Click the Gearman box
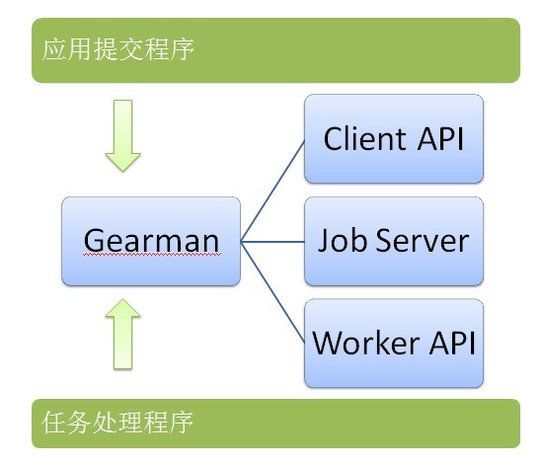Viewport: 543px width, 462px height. tap(151, 241)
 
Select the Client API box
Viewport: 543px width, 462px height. tap(394, 138)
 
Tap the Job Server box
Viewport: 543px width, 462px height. tap(394, 241)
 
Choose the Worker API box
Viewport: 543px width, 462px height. tap(394, 343)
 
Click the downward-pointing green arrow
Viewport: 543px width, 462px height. tap(123, 135)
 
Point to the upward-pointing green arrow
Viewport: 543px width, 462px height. tap(123, 335)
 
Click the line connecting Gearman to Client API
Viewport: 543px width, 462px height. tap(272, 191)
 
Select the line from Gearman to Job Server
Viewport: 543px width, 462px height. tap(272, 242)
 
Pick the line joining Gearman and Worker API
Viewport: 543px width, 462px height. tap(272, 292)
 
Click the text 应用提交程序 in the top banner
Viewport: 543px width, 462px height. tap(117, 49)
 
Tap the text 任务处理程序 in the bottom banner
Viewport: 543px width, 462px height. tap(117, 423)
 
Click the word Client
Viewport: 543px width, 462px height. tap(364, 138)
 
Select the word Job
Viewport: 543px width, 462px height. tap(343, 240)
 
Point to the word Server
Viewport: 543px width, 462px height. tap(423, 240)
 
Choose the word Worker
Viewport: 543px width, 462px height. tap(366, 343)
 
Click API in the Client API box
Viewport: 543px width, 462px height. tap(440, 139)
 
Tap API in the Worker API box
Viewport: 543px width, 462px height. tap(452, 343)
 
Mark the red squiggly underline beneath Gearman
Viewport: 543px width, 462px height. tap(152, 255)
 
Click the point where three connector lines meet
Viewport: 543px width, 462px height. tap(241, 242)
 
